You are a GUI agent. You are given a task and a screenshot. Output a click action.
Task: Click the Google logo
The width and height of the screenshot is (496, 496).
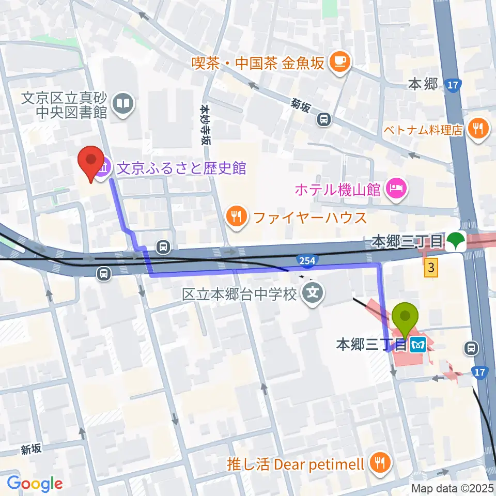pos(35,484)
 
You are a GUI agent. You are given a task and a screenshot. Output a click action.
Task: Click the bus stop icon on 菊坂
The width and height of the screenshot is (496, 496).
pos(324,120)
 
